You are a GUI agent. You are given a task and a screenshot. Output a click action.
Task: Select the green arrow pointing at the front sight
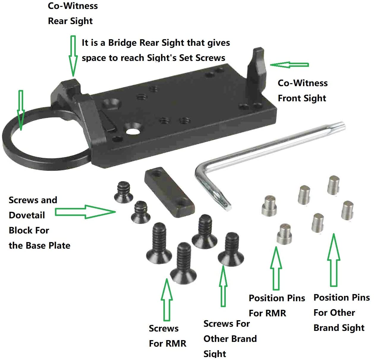[x=289, y=64]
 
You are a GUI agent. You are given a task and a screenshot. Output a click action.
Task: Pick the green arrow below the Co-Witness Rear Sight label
[x=73, y=55]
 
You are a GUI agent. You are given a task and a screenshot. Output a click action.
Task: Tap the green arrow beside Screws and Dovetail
[x=85, y=212]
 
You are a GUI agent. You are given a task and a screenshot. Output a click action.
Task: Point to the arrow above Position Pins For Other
[x=334, y=260]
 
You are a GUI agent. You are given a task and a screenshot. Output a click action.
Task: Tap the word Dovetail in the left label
[x=27, y=215]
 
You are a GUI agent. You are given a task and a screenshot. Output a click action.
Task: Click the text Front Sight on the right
[x=302, y=98]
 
